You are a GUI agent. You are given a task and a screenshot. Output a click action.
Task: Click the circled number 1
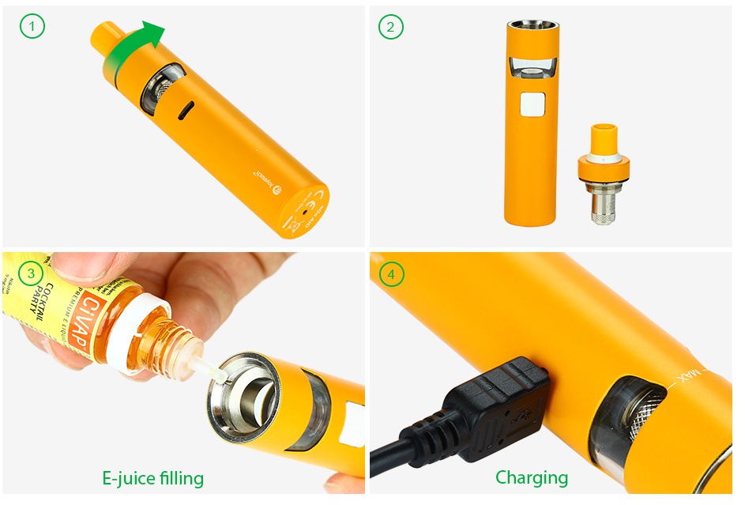tap(32, 28)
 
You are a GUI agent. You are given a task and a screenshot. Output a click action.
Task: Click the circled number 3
tap(32, 274)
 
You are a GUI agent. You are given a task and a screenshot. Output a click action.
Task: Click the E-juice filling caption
tap(152, 478)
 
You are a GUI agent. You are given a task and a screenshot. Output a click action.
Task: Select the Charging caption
tap(531, 477)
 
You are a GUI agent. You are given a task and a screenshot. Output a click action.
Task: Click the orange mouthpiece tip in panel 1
tap(105, 36)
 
